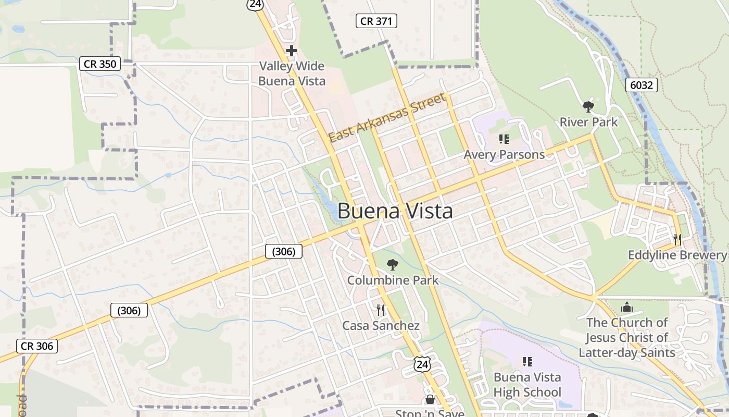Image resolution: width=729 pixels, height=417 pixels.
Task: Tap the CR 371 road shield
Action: click(376, 21)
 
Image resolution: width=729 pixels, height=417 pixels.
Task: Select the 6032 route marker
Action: click(641, 85)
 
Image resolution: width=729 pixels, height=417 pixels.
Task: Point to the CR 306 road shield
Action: click(37, 346)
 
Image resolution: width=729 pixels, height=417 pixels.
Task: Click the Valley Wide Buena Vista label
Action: click(292, 73)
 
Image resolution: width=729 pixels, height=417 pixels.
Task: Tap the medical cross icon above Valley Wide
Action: click(292, 51)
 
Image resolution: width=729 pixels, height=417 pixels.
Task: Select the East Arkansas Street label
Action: click(387, 117)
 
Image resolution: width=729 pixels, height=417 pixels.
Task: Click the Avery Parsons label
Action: click(504, 154)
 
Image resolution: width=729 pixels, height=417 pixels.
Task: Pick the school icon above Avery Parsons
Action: click(504, 139)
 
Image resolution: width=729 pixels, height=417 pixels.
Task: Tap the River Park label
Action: click(588, 122)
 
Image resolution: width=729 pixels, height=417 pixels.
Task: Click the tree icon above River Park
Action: click(588, 107)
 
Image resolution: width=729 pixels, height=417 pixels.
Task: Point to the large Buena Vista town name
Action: click(395, 212)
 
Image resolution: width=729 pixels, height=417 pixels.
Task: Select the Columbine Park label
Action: click(393, 280)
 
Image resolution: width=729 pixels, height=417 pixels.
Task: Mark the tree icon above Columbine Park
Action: click(392, 265)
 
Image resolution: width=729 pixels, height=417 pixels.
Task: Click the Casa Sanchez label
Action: click(381, 326)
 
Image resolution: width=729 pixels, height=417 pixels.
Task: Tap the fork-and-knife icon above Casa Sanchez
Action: click(381, 310)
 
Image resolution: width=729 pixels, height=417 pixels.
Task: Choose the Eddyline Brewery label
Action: click(677, 255)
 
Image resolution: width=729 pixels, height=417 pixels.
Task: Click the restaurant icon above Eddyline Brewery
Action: click(677, 239)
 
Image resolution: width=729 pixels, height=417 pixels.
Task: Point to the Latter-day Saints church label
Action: click(627, 337)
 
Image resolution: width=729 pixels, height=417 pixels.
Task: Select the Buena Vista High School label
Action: click(527, 385)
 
